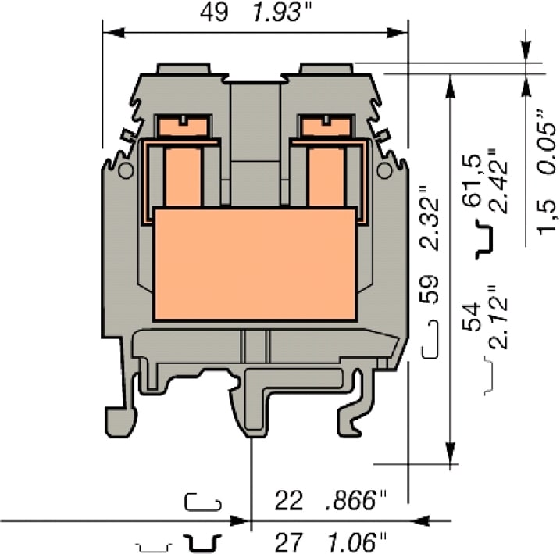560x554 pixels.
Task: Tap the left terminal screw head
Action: (x=181, y=124)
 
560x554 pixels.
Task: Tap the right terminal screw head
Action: (x=325, y=124)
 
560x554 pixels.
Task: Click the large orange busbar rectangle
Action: (x=255, y=263)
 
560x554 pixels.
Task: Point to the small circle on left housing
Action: (x=124, y=171)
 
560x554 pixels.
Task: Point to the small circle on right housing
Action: (x=383, y=171)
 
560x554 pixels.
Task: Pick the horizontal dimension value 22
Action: (x=288, y=500)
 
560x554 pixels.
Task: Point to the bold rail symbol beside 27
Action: (x=202, y=541)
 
